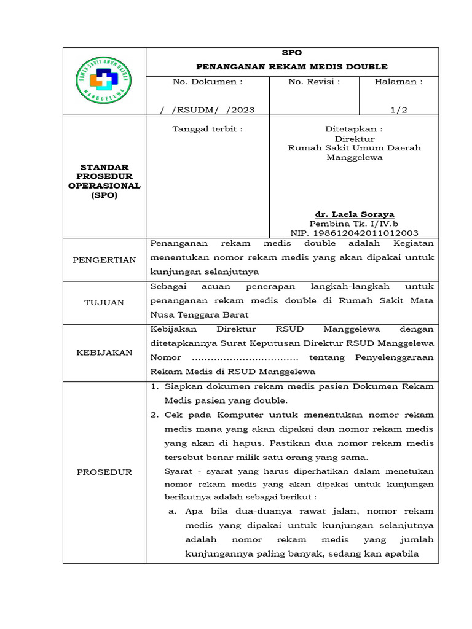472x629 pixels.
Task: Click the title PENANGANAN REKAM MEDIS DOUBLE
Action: coord(291,66)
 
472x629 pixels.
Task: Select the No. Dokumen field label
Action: coord(207,81)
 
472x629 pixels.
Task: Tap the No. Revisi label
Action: coord(314,81)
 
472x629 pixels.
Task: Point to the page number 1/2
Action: coord(399,110)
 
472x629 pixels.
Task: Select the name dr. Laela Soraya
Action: coord(355,214)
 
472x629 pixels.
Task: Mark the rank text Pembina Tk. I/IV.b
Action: coord(355,224)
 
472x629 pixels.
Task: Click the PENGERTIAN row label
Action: coord(104,260)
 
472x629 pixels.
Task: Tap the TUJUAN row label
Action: coord(104,302)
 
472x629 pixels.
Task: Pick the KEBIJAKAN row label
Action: coord(104,353)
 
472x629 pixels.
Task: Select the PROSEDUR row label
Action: coord(104,472)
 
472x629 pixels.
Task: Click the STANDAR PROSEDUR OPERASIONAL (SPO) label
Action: coord(104,181)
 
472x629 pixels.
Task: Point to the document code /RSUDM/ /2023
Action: coord(207,110)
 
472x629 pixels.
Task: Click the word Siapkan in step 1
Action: coord(182,386)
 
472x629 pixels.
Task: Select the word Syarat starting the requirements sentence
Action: coord(178,471)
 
